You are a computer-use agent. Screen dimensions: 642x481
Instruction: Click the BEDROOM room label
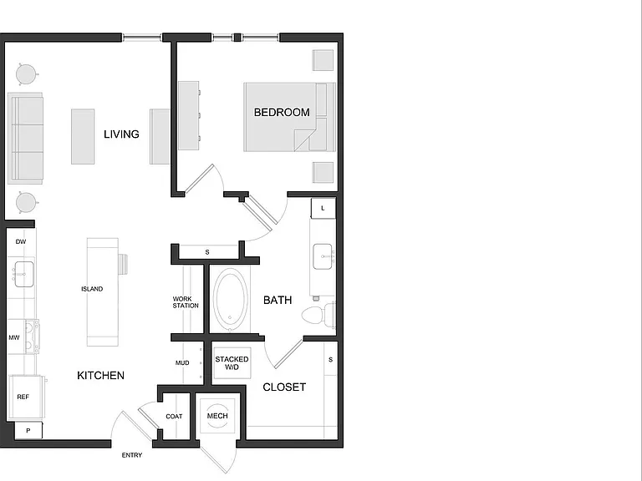[x=282, y=112]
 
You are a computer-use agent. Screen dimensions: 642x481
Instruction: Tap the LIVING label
[x=121, y=134]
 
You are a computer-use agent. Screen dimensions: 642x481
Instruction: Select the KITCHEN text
[x=100, y=376]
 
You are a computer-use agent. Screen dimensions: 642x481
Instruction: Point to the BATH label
[x=278, y=301]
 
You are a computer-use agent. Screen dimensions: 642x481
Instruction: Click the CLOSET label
[x=284, y=387]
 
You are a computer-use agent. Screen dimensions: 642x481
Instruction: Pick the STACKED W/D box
[x=232, y=363]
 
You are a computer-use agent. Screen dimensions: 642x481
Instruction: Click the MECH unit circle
[x=217, y=416]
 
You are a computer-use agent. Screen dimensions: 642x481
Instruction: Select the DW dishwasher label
[x=21, y=241]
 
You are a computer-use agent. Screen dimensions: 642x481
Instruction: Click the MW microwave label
[x=14, y=338]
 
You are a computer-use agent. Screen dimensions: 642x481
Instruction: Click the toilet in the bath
[x=318, y=315]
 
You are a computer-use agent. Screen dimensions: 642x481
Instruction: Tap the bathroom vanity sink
[x=323, y=256]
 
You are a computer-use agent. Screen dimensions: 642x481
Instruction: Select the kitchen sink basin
[x=23, y=274]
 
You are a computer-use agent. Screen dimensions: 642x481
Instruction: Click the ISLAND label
[x=92, y=289]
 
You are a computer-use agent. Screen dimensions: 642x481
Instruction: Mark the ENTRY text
[x=132, y=455]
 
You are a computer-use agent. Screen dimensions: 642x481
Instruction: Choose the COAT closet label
[x=174, y=417]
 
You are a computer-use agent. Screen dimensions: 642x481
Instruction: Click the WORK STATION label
[x=186, y=302]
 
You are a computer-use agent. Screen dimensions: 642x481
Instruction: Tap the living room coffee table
[x=83, y=137]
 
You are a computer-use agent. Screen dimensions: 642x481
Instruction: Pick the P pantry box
[x=28, y=430]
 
